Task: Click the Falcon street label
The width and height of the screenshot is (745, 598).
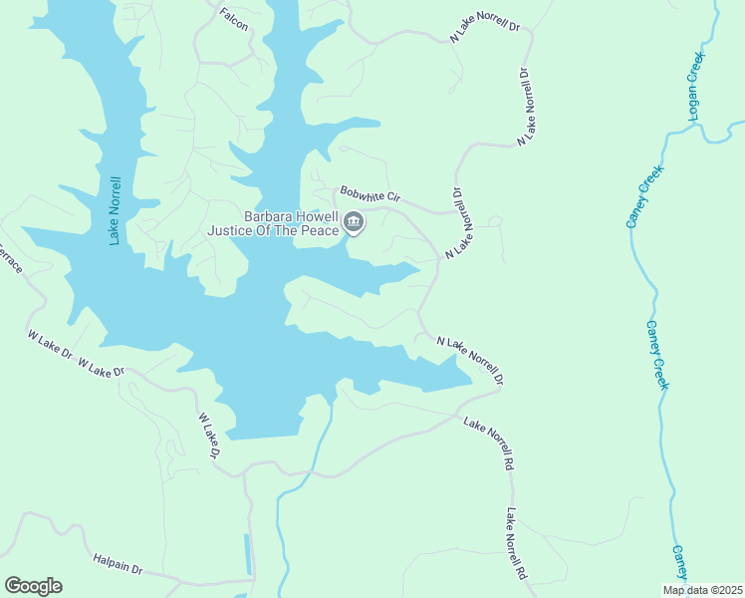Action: click(x=233, y=16)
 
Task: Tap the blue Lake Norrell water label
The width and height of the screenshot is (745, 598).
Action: click(x=117, y=209)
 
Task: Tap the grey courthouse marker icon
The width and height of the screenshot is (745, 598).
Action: click(x=354, y=223)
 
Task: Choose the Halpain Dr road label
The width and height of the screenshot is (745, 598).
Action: click(x=118, y=565)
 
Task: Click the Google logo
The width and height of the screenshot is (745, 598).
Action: click(x=33, y=586)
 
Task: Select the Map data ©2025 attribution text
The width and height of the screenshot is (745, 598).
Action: click(x=702, y=590)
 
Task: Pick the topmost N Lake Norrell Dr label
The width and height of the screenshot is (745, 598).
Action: click(x=486, y=28)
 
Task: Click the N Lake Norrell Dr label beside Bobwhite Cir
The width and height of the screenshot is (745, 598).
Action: click(x=459, y=224)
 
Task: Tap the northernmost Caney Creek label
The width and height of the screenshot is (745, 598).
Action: click(x=644, y=196)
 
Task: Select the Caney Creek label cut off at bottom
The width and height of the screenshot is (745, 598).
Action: click(x=679, y=561)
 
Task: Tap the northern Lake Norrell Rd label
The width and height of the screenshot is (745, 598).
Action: click(x=489, y=444)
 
